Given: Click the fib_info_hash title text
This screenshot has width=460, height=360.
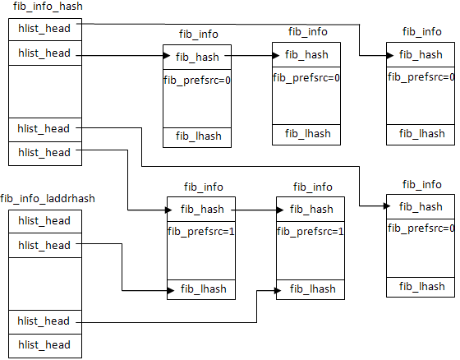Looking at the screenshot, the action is pos(48,7).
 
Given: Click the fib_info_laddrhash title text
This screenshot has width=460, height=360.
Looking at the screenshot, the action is pos(48,199).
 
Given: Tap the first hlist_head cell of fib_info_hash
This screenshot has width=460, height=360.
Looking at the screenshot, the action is pos(45,30).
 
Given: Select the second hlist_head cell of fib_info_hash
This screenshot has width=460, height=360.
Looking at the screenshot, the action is pos(45,53).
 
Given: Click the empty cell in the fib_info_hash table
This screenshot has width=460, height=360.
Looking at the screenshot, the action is pos(45,91).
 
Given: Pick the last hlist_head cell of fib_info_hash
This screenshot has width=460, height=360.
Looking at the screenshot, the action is pos(45,154).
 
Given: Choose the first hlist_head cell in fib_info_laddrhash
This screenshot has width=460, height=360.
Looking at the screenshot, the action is pos(45,221).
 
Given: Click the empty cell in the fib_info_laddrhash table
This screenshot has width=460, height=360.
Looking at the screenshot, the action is pos(45,284).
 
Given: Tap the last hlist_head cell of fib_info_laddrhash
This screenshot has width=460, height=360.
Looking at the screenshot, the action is pos(45,345).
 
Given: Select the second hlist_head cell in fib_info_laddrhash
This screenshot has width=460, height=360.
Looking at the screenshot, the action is pos(45,246).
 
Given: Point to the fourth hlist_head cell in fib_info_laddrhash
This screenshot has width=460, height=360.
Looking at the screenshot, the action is pos(45,322).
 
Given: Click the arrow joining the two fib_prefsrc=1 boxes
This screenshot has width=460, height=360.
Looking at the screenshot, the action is pos(257,210).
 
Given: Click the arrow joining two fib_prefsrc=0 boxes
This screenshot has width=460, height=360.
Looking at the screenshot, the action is pos(251,56).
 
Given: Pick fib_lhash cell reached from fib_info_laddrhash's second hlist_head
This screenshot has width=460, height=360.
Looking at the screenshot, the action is pos(201,289).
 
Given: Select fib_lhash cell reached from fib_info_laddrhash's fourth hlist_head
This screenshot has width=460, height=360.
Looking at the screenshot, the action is pos(310,289).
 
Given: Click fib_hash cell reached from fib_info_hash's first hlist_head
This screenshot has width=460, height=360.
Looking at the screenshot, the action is pos(421,54).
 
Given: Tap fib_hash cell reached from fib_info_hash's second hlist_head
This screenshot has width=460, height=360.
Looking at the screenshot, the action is pos(197,57).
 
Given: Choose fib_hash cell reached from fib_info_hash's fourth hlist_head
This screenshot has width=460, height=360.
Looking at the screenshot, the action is pos(421,207).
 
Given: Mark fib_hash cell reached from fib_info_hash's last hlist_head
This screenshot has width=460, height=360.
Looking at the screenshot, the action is pos(201,209).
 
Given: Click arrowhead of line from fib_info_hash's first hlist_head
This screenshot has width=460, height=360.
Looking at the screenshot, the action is pos(390,56).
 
